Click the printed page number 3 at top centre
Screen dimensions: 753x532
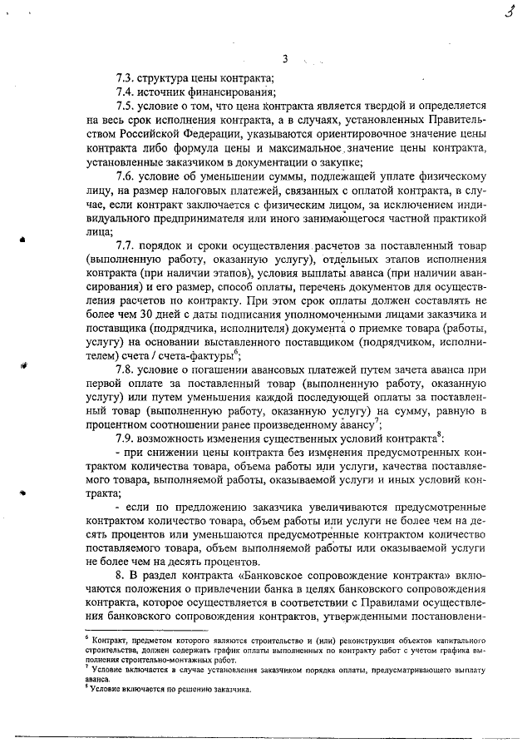284,58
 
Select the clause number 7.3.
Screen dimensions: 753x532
126,77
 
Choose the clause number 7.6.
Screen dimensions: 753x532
126,177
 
